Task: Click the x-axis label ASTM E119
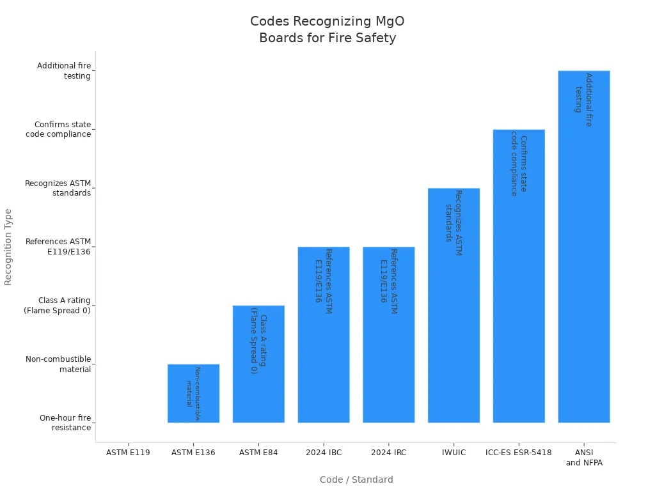[128, 453]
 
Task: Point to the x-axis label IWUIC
[454, 453]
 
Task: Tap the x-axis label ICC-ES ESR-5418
[519, 453]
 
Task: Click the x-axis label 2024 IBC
[324, 453]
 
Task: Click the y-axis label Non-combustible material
[59, 364]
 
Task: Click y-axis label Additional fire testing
[64, 70]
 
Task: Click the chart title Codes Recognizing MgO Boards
[327, 30]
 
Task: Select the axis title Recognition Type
[8, 247]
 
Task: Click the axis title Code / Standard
[356, 479]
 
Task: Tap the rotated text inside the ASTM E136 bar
[193, 393]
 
